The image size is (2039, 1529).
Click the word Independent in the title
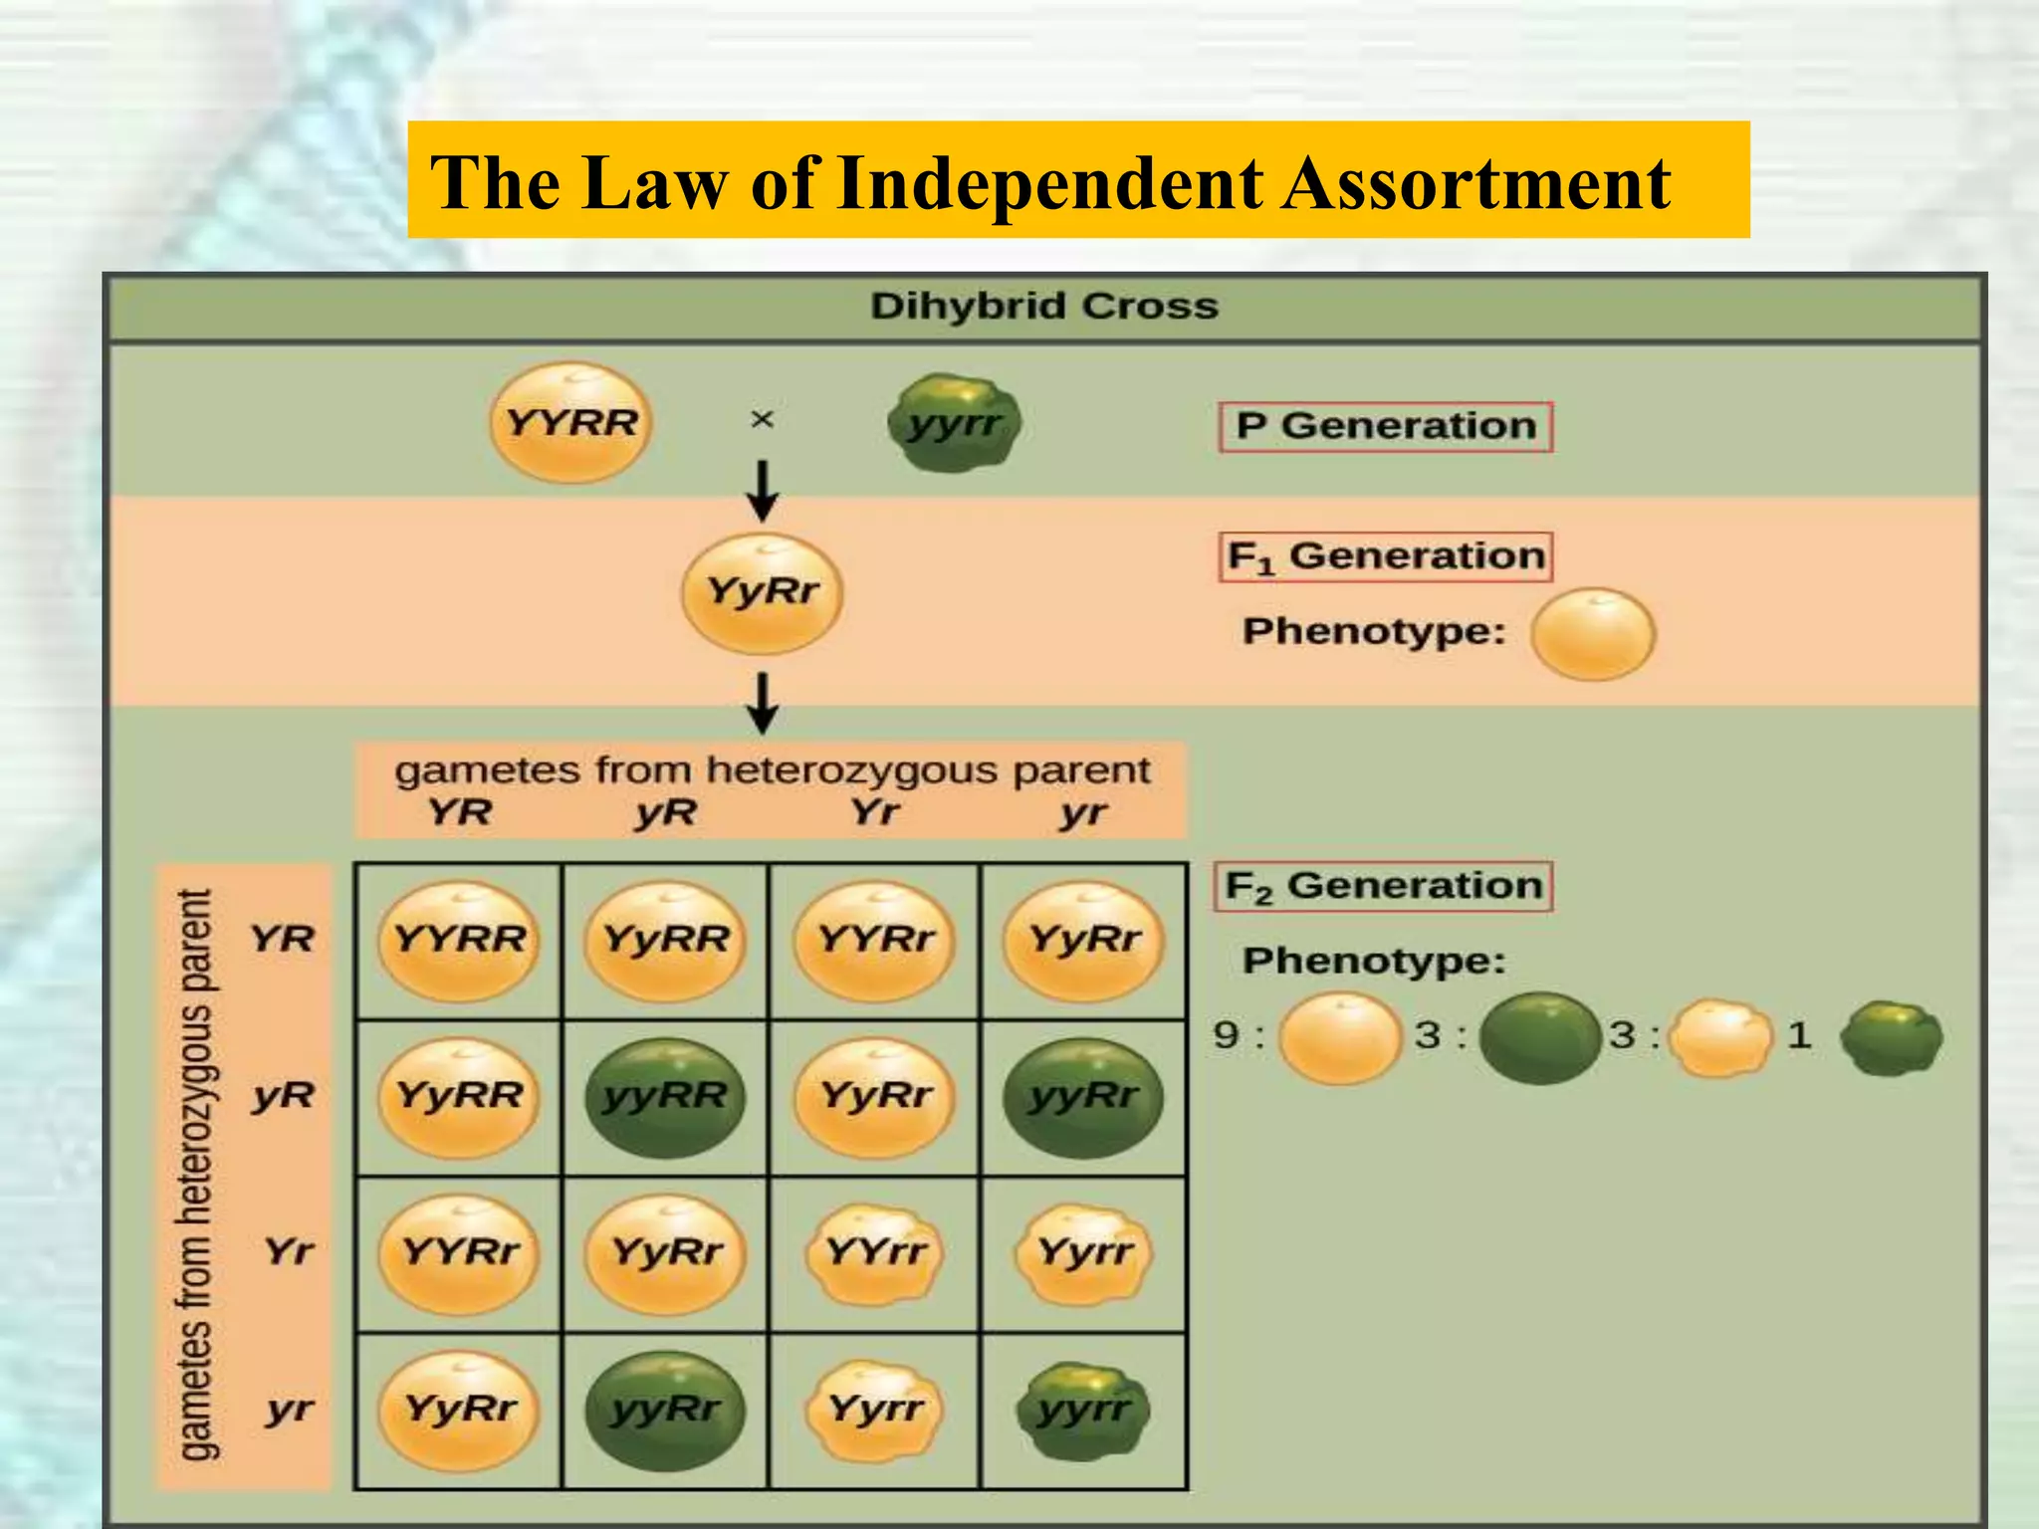pyautogui.click(x=1050, y=184)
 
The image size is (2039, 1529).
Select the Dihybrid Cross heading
pyautogui.click(x=1043, y=306)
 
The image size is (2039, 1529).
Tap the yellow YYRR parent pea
pyautogui.click(x=571, y=422)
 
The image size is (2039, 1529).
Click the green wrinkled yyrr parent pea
pyautogui.click(x=955, y=423)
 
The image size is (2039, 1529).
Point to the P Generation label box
pyautogui.click(x=1385, y=426)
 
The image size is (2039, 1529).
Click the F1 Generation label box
pyautogui.click(x=1385, y=556)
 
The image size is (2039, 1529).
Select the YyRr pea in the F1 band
pyautogui.click(x=763, y=592)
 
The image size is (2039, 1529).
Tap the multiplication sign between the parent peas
pyautogui.click(x=762, y=420)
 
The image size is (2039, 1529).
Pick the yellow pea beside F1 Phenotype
pyautogui.click(x=1593, y=634)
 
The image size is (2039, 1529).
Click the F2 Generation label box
pyautogui.click(x=1383, y=886)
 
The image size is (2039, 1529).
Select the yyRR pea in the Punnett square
pyautogui.click(x=665, y=1097)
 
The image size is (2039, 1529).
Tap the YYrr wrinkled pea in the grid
pyautogui.click(x=875, y=1252)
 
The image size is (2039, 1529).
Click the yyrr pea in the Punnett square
pyautogui.click(x=1083, y=1410)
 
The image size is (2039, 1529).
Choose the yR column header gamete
pyautogui.click(x=665, y=813)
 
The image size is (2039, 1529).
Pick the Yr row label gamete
pyautogui.click(x=289, y=1251)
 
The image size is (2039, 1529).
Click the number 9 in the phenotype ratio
pyautogui.click(x=1227, y=1035)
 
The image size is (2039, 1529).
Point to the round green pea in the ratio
pyautogui.click(x=1538, y=1037)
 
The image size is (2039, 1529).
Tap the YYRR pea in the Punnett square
pyautogui.click(x=459, y=940)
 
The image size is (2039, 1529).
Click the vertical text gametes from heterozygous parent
pyautogui.click(x=195, y=1175)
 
